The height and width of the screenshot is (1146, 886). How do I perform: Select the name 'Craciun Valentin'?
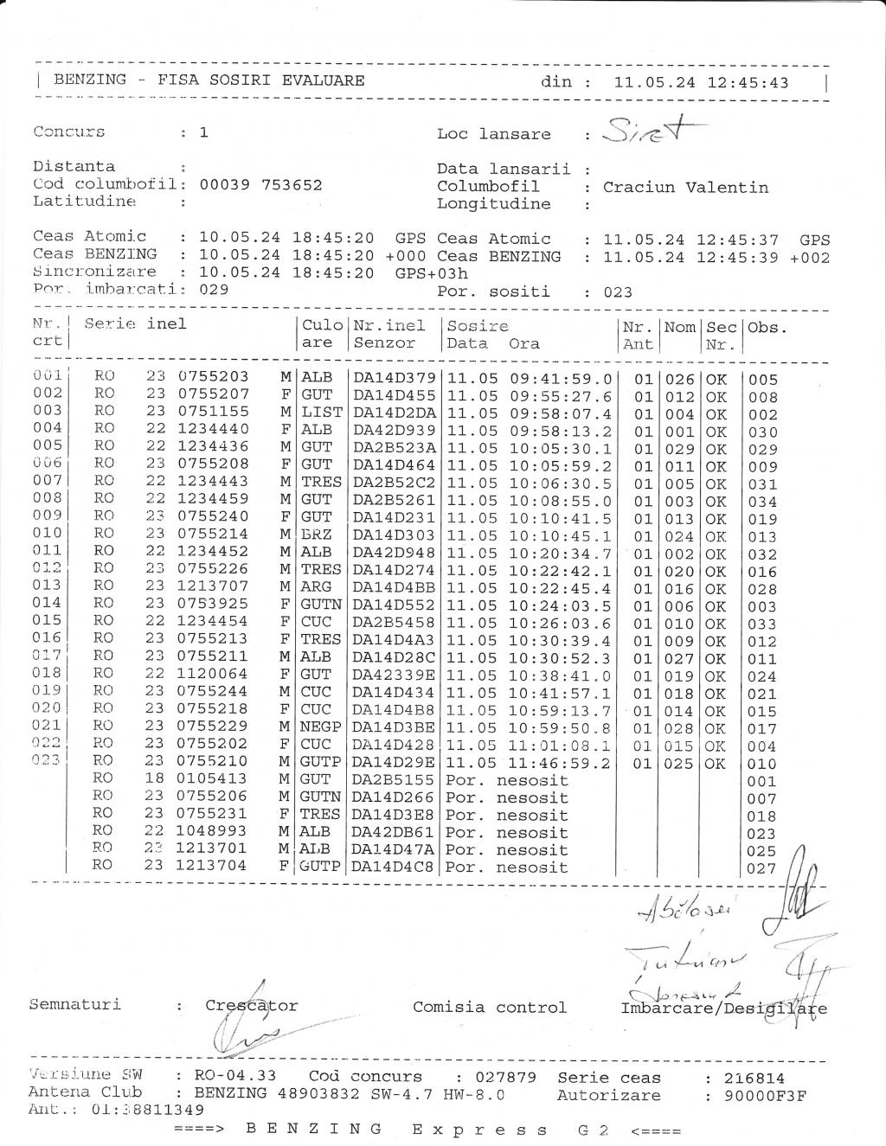pyautogui.click(x=685, y=187)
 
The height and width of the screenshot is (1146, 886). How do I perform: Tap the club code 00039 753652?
pyautogui.click(x=260, y=184)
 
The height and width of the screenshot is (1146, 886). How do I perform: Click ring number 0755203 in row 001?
pyautogui.click(x=213, y=376)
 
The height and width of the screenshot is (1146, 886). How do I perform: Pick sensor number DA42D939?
pyautogui.click(x=395, y=430)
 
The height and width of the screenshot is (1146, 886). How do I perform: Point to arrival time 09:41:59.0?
pyautogui.click(x=561, y=379)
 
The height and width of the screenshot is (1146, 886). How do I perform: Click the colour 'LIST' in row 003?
pyautogui.click(x=322, y=413)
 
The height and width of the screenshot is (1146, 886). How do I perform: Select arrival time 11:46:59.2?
pyautogui.click(x=561, y=764)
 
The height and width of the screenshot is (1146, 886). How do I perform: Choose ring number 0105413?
pyautogui.click(x=213, y=778)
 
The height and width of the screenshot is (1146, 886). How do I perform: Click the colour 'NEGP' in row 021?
pyautogui.click(x=321, y=727)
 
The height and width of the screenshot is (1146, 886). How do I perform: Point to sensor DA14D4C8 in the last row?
pyautogui.click(x=395, y=866)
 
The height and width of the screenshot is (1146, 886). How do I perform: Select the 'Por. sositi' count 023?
pyautogui.click(x=618, y=292)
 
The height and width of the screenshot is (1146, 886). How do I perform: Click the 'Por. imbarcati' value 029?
pyautogui.click(x=214, y=289)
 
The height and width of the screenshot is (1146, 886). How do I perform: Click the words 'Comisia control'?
pyautogui.click(x=490, y=1007)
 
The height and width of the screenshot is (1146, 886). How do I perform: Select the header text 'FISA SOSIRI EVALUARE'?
pyautogui.click(x=260, y=80)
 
